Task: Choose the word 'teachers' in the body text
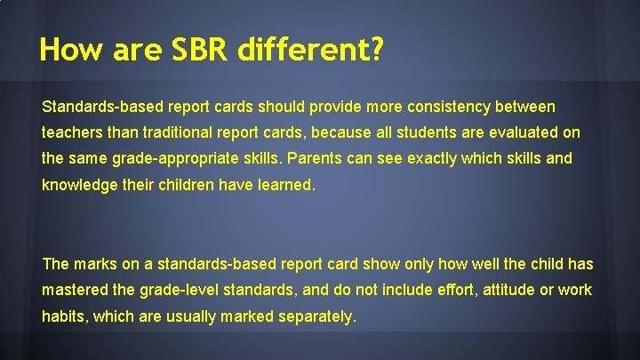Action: click(70, 133)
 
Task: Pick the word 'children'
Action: click(188, 187)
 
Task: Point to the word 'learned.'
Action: click(286, 187)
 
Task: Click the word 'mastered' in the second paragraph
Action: click(73, 291)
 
